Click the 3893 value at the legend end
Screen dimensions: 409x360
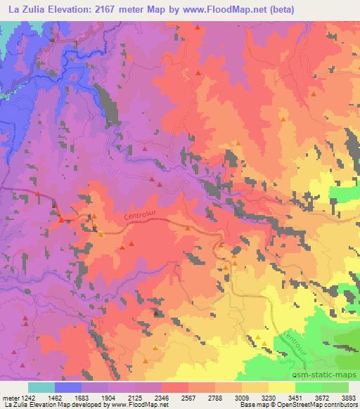[347, 396]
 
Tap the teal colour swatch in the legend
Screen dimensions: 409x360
[41, 387]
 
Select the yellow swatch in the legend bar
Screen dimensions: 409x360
[281, 387]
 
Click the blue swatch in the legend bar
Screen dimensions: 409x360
[68, 387]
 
